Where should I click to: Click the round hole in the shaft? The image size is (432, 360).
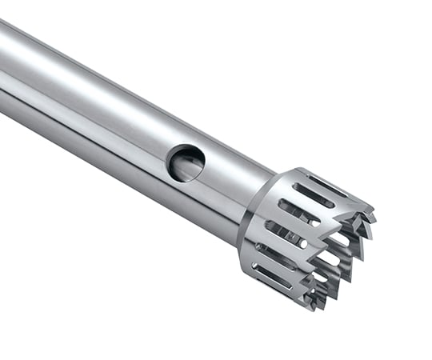186,162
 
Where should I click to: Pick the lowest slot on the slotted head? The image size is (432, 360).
273,275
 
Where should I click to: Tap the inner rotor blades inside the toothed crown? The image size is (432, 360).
340,256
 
